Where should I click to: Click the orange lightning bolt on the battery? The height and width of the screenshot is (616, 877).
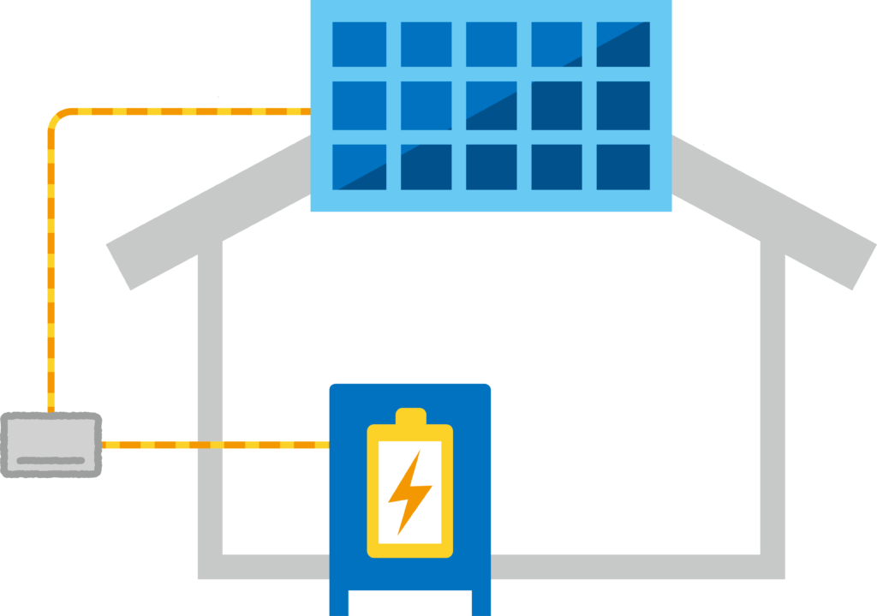[x=409, y=493]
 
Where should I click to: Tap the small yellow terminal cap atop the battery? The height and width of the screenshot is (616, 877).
[x=410, y=416]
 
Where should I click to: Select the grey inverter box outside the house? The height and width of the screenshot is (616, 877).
[x=51, y=444]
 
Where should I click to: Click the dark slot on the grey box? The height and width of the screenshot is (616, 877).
[x=51, y=461]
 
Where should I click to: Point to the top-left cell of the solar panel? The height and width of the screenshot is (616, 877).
[x=359, y=45]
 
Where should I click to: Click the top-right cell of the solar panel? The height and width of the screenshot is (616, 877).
[x=623, y=45]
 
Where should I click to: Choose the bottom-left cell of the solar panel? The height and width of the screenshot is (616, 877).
[x=359, y=166]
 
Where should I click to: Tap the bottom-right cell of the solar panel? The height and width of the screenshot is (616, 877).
[x=623, y=166]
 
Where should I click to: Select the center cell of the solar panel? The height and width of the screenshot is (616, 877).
[x=491, y=105]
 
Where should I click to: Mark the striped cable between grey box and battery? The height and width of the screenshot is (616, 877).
[x=214, y=444]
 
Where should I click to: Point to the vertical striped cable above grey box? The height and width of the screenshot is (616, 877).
[x=51, y=274]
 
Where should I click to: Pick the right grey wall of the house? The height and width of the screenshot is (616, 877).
[x=773, y=403]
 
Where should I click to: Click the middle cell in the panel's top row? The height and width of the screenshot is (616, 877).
[x=491, y=45]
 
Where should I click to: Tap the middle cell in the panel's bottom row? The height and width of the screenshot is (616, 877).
[x=491, y=166]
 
